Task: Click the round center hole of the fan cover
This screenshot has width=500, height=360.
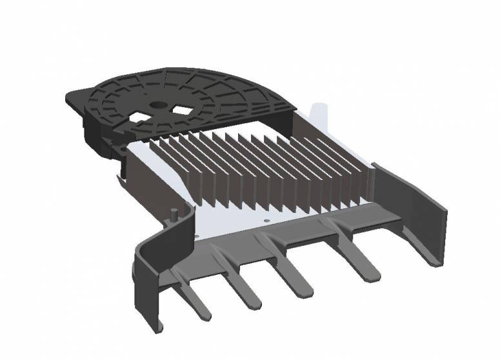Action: [x=157, y=105]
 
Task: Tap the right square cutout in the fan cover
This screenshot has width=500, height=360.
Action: [x=183, y=110]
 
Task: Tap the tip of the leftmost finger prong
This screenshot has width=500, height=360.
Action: [x=203, y=316]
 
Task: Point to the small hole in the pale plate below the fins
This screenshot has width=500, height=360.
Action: [x=266, y=220]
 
